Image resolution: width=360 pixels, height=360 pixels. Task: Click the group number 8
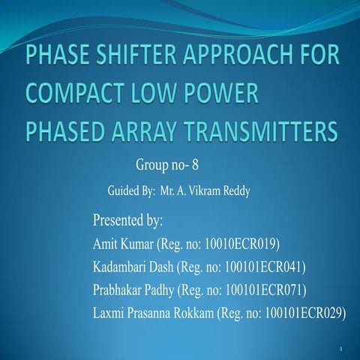(193, 162)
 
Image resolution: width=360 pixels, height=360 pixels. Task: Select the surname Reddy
(234, 190)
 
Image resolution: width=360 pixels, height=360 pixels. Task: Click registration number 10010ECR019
(239, 244)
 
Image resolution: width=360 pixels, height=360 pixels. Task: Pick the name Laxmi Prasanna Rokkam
(152, 313)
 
